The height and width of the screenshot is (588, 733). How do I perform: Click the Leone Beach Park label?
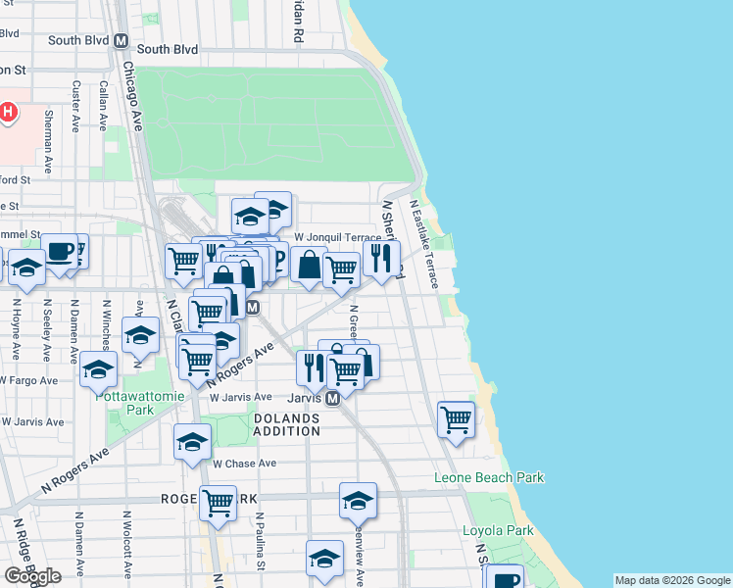point(488,477)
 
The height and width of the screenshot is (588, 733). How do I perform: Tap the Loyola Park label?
point(498,531)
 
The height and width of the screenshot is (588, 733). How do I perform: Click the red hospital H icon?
point(9,112)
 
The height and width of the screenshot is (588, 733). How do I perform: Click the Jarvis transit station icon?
point(333,398)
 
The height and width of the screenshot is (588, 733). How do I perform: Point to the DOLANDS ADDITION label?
point(287,424)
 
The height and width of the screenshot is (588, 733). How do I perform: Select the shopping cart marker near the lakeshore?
point(457,418)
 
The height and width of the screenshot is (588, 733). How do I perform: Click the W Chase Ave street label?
point(244,463)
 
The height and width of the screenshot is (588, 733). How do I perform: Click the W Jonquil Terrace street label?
point(336,237)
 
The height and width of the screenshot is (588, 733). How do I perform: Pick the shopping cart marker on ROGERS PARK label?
point(219,502)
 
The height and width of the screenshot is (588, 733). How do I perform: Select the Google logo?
point(32,576)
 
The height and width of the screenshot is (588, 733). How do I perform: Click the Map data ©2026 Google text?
point(672,581)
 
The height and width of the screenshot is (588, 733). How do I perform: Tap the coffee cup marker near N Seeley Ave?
point(61,251)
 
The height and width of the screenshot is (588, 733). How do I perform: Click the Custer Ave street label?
point(75,106)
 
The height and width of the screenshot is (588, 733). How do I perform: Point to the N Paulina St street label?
point(261,541)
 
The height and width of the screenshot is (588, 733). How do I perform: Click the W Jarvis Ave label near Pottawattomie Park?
point(32,421)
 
